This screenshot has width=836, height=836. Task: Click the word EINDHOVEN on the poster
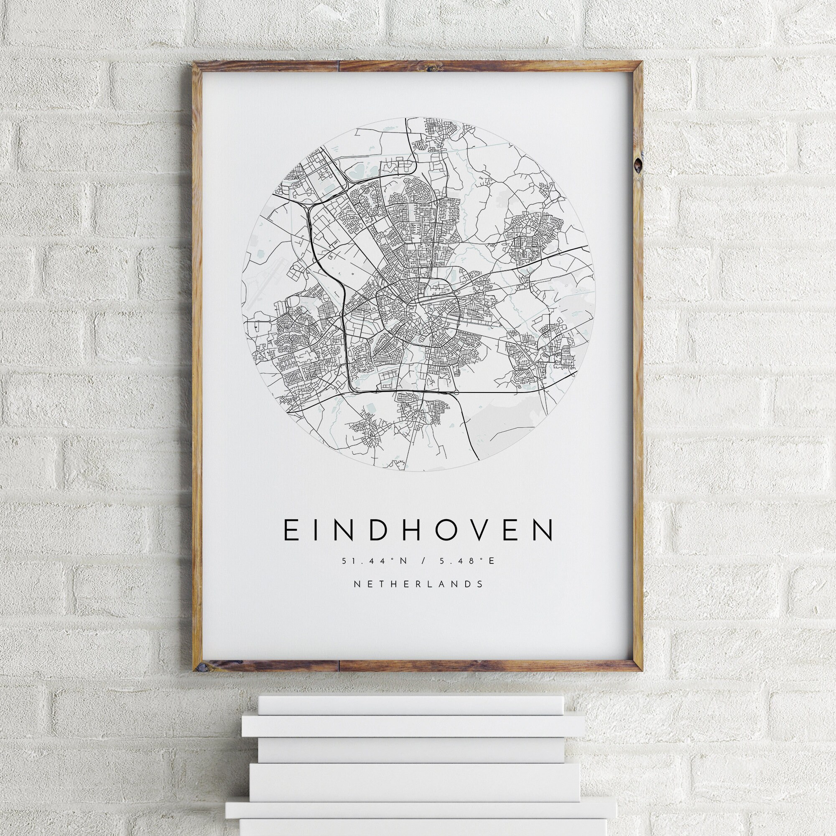[x=418, y=530]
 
